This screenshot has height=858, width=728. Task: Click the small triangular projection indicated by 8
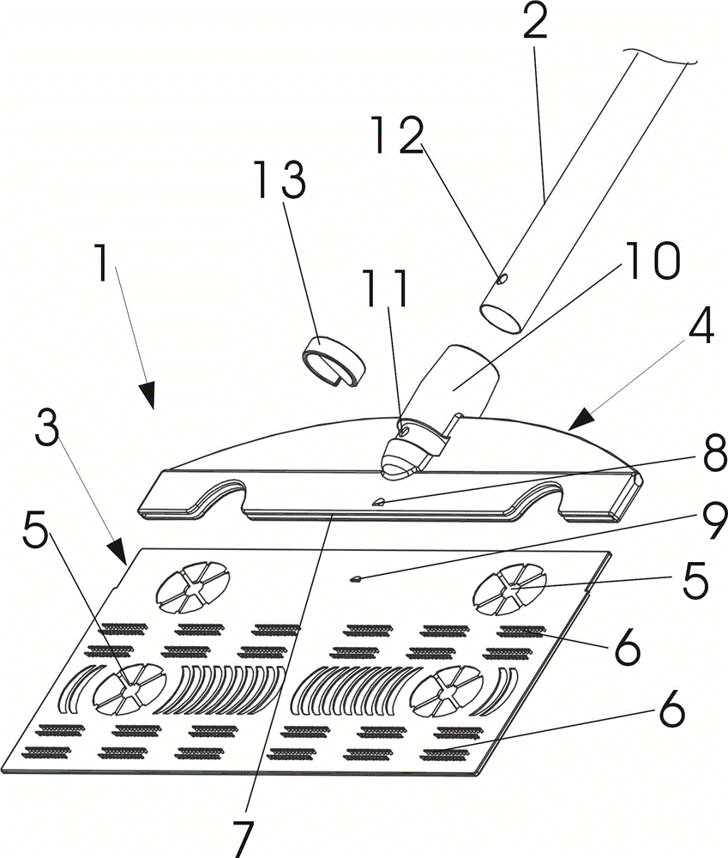(376, 501)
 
